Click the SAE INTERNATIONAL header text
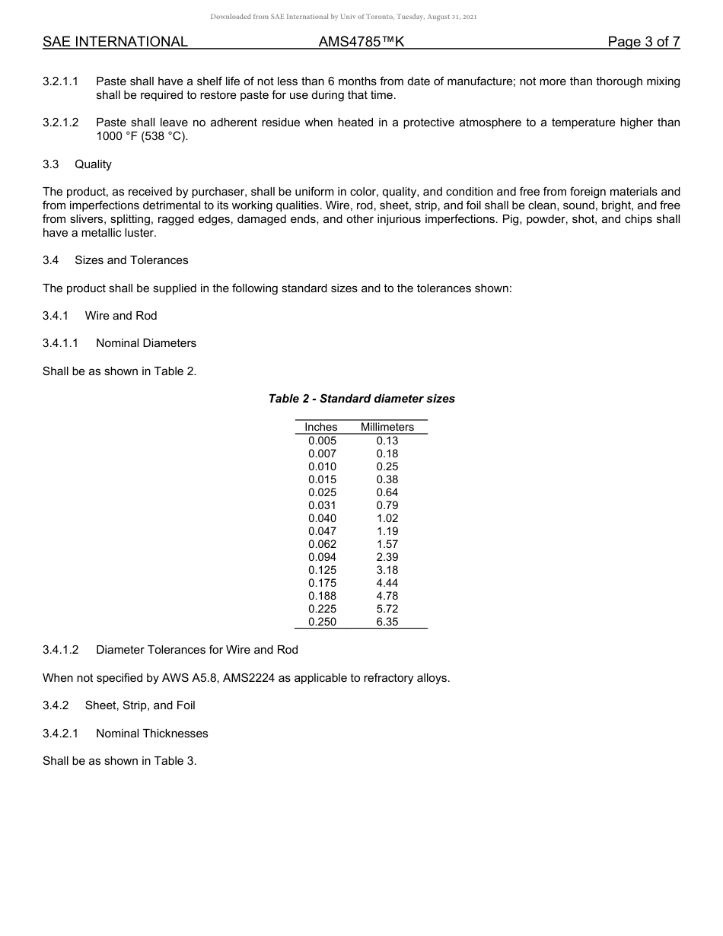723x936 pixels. [115, 42]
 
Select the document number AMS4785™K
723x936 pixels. [361, 42]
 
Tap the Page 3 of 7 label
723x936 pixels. [643, 42]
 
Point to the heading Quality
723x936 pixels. [93, 164]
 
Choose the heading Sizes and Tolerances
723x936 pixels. [131, 260]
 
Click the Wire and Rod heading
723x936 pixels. [121, 316]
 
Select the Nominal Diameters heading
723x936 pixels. [146, 343]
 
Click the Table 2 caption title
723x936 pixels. [361, 399]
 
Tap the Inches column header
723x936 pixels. [320, 427]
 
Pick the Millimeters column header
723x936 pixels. [387, 427]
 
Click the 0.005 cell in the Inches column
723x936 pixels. [322, 441]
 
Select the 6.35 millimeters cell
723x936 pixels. [387, 622]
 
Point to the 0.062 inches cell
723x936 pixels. [322, 544]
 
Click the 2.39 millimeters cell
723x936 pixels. [387, 557]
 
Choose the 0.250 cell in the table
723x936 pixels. [322, 622]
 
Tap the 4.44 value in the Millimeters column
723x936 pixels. [387, 583]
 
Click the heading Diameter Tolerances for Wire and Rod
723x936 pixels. [197, 650]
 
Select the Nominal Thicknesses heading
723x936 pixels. [151, 734]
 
